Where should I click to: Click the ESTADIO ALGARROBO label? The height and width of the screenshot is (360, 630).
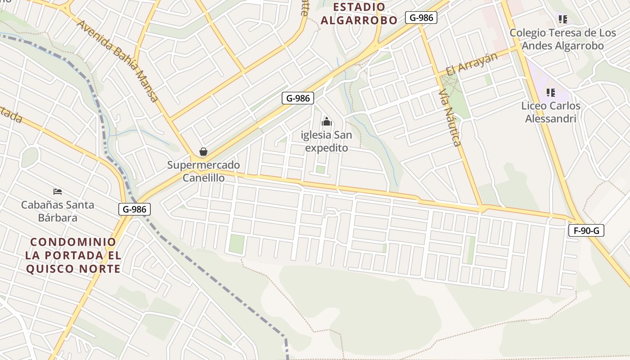coord(359,13)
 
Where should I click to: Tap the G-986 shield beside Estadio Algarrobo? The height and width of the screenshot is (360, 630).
coord(421,18)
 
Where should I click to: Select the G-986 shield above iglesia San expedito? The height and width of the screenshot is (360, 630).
coord(298,98)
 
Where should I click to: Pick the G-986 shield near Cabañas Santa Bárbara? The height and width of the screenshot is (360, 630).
coord(135,209)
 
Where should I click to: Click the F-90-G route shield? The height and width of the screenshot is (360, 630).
coord(586,231)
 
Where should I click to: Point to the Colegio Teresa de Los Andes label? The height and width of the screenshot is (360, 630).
coord(562,39)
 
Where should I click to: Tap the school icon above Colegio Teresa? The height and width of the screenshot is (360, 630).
coord(562,19)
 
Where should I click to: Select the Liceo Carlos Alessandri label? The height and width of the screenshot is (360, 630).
coord(551,112)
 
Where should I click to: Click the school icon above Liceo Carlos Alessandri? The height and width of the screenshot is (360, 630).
coord(550,93)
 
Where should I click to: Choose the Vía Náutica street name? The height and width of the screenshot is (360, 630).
coord(450,118)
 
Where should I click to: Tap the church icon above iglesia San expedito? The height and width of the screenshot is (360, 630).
coord(327,121)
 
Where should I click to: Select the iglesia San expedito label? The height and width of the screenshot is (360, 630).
coord(327,141)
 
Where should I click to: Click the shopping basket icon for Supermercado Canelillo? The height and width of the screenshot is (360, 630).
coord(203,152)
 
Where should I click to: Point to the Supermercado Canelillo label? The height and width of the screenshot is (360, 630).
coord(203,171)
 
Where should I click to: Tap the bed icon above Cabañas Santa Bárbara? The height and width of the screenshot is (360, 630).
coord(58,192)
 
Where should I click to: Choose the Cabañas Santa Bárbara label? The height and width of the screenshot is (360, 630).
coord(58,211)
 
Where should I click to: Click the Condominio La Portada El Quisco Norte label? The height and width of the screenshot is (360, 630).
coord(73,255)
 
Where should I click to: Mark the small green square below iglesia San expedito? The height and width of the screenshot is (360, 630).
coord(320,169)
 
